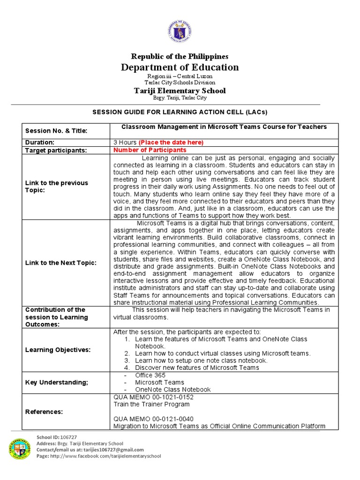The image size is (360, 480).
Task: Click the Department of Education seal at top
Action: [x=180, y=31]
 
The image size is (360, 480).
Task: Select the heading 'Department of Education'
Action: [x=180, y=67]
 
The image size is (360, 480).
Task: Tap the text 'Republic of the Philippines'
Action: [x=180, y=56]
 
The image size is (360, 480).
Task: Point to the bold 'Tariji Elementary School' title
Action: [x=180, y=90]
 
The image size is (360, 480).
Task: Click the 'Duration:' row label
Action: [x=40, y=142]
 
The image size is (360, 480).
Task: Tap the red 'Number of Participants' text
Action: [x=150, y=150]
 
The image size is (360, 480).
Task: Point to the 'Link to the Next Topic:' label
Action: [x=60, y=262]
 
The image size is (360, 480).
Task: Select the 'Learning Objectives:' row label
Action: [x=58, y=350]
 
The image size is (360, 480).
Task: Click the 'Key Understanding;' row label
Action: [x=56, y=382]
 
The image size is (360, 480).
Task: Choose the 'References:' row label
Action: [x=44, y=412]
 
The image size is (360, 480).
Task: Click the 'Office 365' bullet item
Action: [x=150, y=375]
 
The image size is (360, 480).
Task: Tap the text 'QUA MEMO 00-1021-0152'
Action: [x=153, y=397]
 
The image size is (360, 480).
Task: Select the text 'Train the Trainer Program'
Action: [x=152, y=404]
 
